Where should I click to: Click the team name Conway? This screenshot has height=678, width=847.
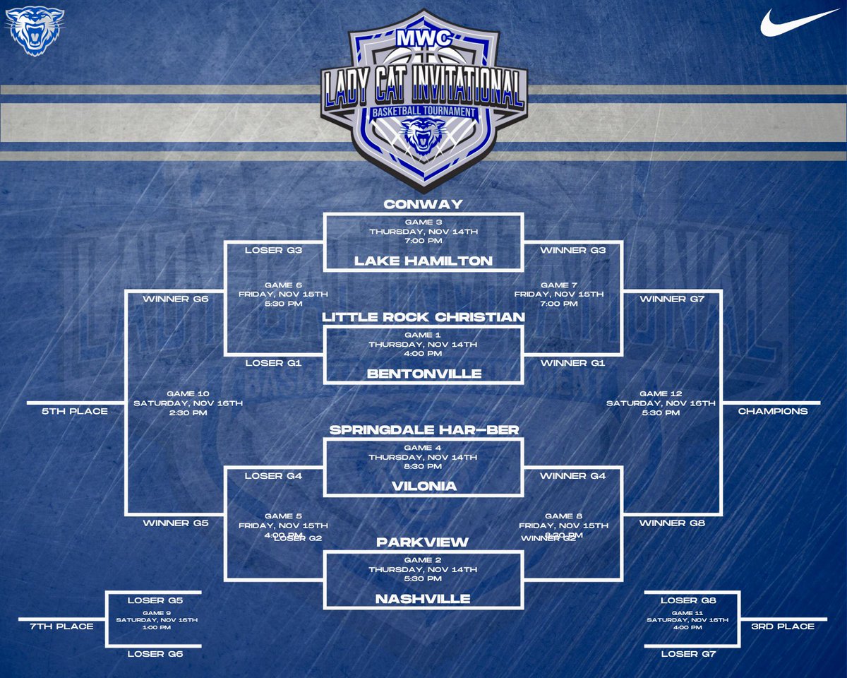click(423, 204)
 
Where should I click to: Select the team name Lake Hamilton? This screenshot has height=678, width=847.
click(423, 261)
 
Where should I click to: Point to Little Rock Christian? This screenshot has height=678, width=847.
click(423, 317)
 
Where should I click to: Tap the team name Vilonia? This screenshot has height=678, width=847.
click(423, 487)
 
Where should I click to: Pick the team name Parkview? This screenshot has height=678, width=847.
click(423, 542)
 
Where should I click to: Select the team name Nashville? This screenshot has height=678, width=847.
click(423, 599)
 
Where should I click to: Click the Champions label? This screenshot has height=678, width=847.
click(773, 410)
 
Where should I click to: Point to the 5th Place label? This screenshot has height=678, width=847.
click(74, 410)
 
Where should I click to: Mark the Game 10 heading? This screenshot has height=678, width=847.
click(188, 393)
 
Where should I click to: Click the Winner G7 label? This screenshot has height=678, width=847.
click(671, 299)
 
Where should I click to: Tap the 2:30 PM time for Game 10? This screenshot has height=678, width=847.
click(188, 413)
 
